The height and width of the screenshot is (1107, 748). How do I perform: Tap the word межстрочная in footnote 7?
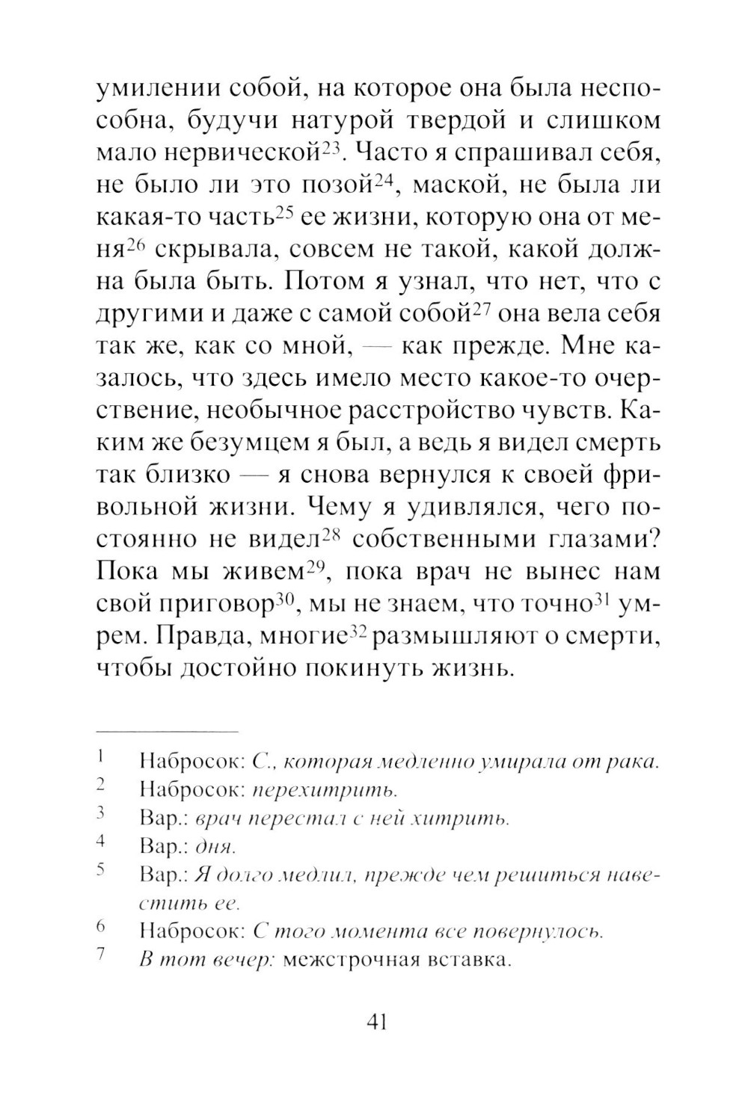pos(350,960)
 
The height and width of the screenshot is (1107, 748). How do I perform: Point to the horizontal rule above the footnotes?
pos(167,730)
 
